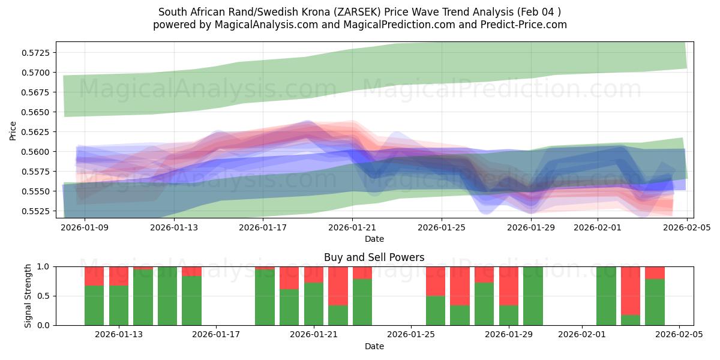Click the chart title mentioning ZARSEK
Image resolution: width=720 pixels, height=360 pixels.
(x=359, y=12)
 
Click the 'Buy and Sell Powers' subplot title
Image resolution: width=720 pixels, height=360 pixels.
(x=374, y=257)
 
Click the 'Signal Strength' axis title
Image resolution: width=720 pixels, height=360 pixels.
(x=28, y=295)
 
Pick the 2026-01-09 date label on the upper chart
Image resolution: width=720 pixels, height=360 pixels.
(x=85, y=227)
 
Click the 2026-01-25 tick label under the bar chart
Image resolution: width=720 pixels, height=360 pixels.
(x=411, y=335)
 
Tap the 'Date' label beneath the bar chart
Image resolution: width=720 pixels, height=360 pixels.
(x=374, y=346)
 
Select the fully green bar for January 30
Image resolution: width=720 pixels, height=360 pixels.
(x=533, y=296)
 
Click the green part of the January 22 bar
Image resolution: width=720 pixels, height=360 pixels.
(x=338, y=315)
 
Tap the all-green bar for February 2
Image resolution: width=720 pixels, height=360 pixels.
(x=606, y=296)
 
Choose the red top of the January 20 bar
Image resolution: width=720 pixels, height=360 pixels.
(x=289, y=278)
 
